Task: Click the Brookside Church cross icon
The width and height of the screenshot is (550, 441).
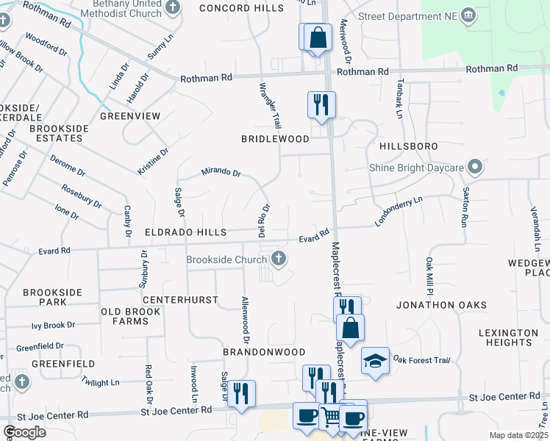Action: click(278, 258)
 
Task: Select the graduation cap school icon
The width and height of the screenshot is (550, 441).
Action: click(375, 361)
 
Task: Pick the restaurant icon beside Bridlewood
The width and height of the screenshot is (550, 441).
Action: click(321, 104)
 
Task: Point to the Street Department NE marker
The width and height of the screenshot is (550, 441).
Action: click(468, 15)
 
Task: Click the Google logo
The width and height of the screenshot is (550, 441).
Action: click(24, 431)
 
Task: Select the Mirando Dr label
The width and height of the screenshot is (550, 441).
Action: click(221, 173)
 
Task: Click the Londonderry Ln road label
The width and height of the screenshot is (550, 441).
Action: click(399, 212)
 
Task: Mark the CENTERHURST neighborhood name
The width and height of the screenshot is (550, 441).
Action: click(180, 300)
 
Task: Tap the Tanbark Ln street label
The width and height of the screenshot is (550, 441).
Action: click(400, 98)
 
